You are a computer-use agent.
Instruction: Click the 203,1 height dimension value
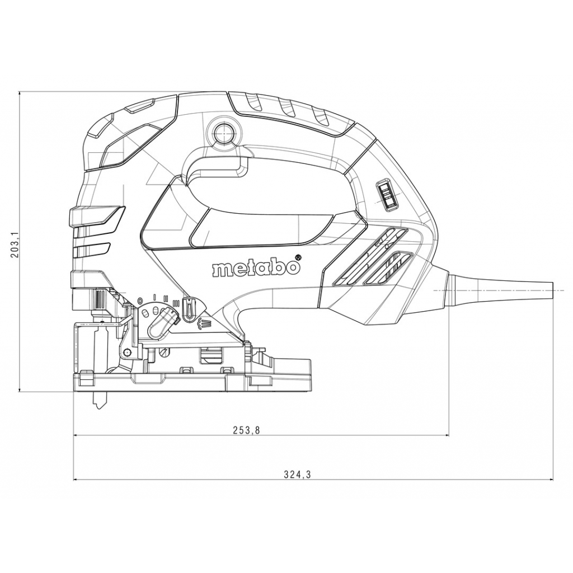click(15, 244)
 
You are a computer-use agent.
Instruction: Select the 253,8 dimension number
click(246, 430)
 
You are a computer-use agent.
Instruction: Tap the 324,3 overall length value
click(297, 475)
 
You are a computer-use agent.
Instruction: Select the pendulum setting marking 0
click(139, 301)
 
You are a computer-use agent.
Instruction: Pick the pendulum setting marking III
click(176, 303)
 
